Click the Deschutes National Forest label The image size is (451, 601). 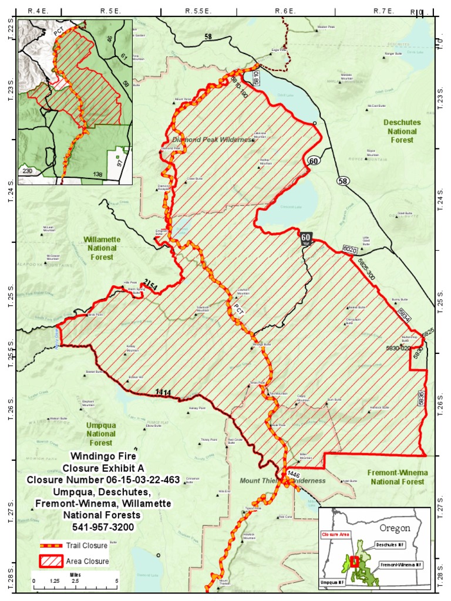click(x=402, y=131)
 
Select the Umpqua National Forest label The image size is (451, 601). click(x=100, y=434)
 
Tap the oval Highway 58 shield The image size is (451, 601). click(x=343, y=181)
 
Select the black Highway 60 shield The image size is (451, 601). click(x=305, y=237)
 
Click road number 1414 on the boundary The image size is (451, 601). click(x=163, y=392)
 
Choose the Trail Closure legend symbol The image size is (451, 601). click(x=51, y=545)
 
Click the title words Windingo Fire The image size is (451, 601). click(x=103, y=455)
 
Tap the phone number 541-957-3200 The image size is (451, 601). click(x=103, y=527)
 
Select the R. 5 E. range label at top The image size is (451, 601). click(x=110, y=11)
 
